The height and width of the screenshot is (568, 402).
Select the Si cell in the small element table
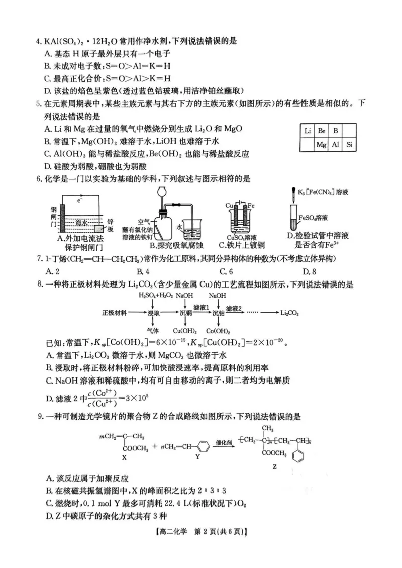[x=350, y=145]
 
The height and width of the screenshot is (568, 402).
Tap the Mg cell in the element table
[x=322, y=145]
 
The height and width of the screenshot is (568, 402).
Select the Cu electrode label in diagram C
[x=229, y=206]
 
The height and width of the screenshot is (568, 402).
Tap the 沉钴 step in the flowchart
[x=218, y=312]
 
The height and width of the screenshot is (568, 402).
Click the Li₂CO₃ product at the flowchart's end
[x=290, y=312]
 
